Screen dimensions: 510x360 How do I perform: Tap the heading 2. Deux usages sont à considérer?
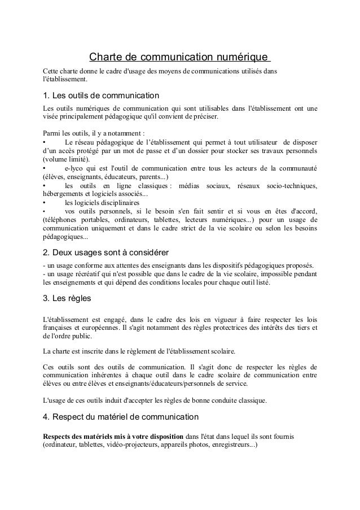pyautogui.click(x=107, y=252)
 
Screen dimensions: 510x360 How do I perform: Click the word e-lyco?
pyautogui.click(x=75, y=168)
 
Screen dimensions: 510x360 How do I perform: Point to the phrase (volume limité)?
pyautogui.click(x=64, y=159)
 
